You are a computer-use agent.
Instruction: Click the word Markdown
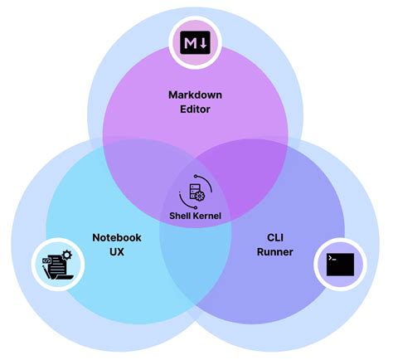pos(196,95)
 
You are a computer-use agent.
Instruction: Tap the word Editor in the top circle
pos(196,109)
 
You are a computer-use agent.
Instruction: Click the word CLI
pos(275,237)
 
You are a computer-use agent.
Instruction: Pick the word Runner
pos(275,251)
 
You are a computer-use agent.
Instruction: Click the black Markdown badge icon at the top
pos(196,41)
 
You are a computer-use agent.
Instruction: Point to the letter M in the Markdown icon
pos(190,41)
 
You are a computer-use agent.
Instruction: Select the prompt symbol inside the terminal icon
pos(332,260)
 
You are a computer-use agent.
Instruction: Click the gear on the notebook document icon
pos(66,255)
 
